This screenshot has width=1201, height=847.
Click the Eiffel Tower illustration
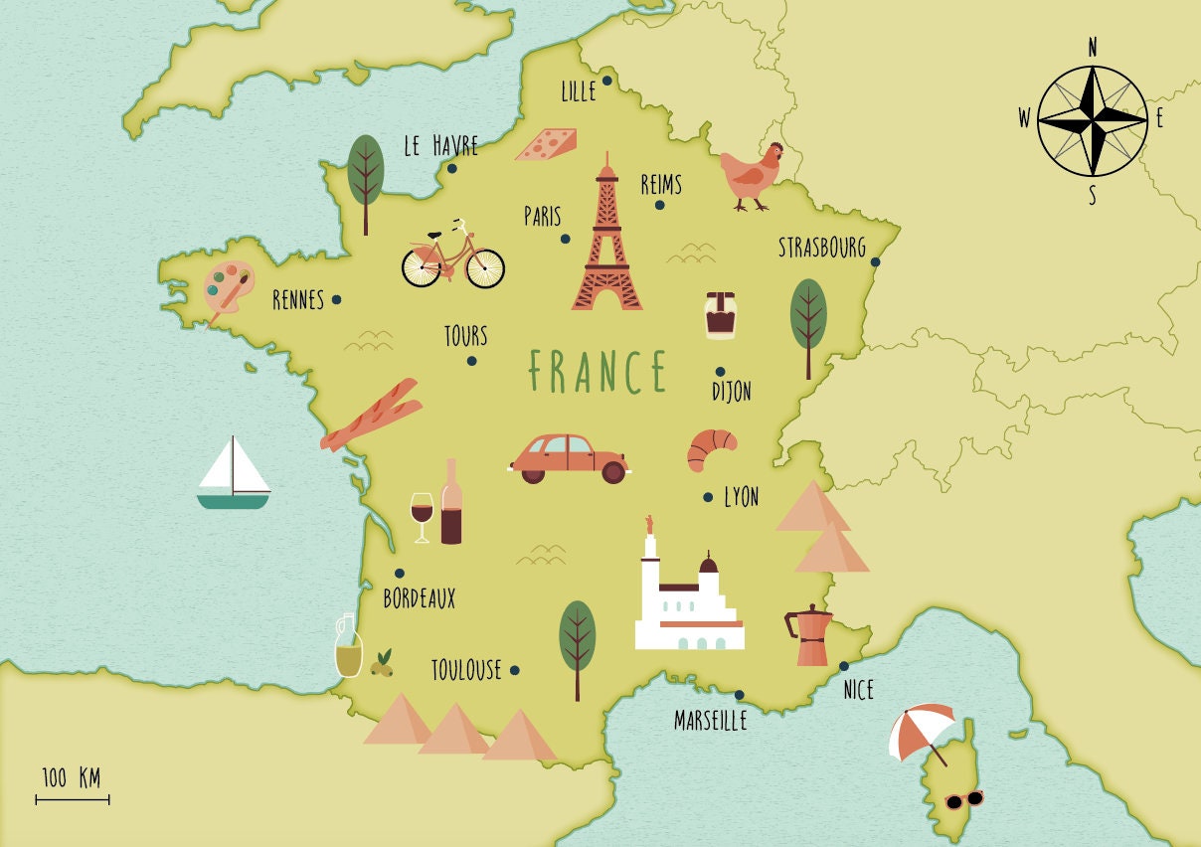click(605, 244)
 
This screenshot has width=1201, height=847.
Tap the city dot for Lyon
click(708, 497)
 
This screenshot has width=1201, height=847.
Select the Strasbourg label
click(821, 247)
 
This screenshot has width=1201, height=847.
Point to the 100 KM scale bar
click(73, 798)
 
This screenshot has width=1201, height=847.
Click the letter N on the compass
click(1093, 48)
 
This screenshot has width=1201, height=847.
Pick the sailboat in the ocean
click(233, 474)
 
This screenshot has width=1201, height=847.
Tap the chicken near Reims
click(753, 176)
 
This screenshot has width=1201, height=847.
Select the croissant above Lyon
click(711, 448)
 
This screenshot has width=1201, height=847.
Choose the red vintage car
click(570, 457)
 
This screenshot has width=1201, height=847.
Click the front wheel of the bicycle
click(484, 267)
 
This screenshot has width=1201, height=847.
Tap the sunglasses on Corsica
click(963, 799)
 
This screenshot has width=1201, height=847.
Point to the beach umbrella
click(924, 731)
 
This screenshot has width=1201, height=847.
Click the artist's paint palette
click(229, 286)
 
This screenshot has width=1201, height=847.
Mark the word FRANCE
click(598, 372)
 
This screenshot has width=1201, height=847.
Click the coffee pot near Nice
click(810, 636)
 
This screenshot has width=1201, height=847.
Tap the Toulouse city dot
click(514, 670)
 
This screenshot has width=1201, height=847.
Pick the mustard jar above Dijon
click(721, 315)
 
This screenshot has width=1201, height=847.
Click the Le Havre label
click(440, 146)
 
